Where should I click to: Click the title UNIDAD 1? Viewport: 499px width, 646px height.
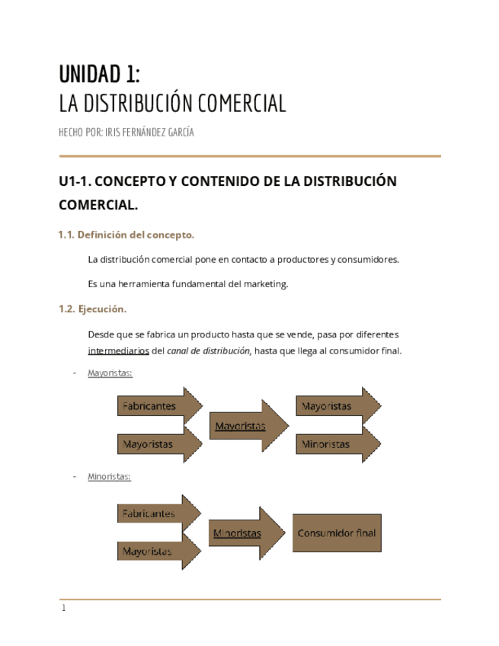coord(99,75)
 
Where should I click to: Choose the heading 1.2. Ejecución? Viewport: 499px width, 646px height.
coord(92,309)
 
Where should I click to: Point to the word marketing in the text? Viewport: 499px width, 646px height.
coord(264,284)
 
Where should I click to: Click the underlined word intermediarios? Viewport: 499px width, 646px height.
coord(118,351)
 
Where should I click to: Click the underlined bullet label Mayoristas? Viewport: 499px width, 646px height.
coord(110,373)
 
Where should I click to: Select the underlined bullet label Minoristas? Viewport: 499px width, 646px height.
coord(109,477)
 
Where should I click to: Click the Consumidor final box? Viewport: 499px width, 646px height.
coord(337,533)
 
